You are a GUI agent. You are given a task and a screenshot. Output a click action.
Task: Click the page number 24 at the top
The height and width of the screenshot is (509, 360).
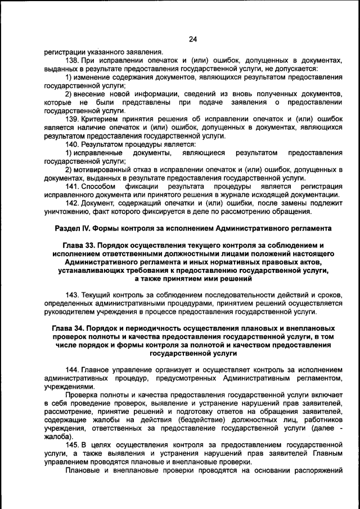[193, 39]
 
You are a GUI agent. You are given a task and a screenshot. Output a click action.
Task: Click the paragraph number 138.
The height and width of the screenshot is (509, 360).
[73, 60]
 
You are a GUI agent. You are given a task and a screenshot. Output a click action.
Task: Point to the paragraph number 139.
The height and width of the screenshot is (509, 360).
[73, 120]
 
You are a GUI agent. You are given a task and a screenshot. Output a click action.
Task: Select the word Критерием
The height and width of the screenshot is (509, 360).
[102, 120]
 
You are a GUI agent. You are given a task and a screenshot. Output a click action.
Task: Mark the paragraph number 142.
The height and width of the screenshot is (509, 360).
[73, 203]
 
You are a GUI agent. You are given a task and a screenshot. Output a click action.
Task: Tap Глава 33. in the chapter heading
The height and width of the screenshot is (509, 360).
[81, 245]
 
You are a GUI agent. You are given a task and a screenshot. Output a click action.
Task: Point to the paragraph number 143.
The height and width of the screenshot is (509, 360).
[73, 295]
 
